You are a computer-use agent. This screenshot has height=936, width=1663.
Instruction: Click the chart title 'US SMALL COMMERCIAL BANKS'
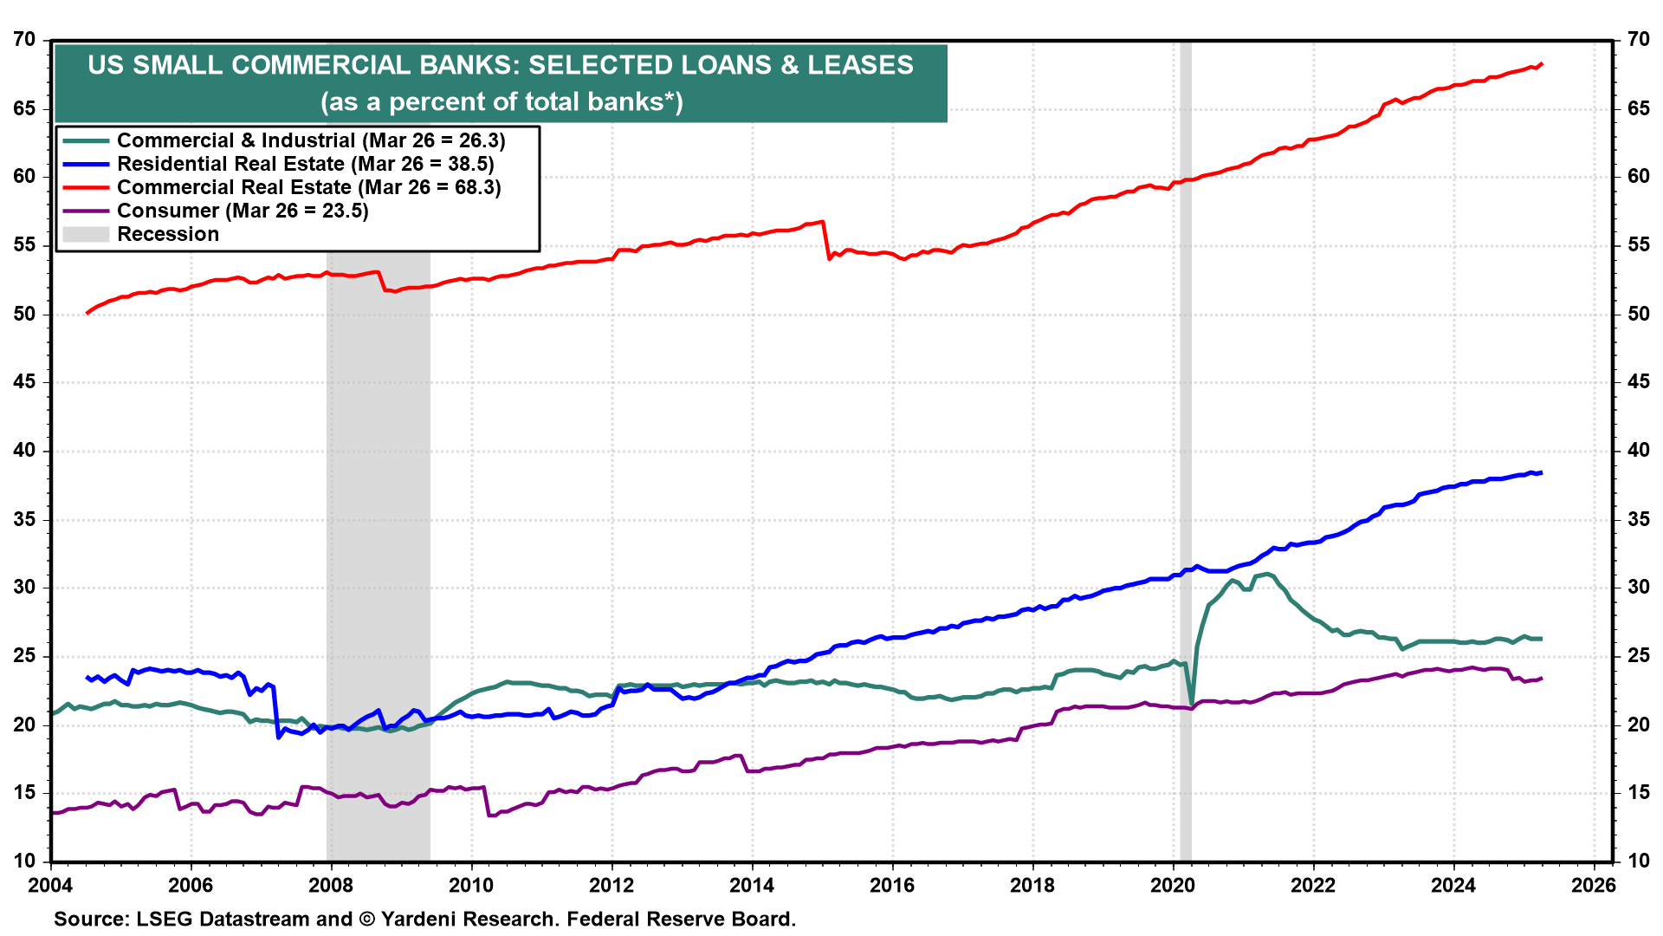point(501,66)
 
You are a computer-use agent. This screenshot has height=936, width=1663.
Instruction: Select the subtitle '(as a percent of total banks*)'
point(501,102)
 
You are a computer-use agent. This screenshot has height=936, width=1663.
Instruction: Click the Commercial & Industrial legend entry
point(310,140)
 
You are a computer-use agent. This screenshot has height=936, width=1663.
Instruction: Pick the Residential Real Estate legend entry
point(305,164)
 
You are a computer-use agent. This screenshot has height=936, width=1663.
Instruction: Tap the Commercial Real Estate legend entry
point(308,187)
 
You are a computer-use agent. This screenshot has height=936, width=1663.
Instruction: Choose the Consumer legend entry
point(243,211)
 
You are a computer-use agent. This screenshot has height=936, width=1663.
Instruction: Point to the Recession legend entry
point(168,234)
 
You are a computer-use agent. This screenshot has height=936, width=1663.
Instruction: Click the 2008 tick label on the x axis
point(331,885)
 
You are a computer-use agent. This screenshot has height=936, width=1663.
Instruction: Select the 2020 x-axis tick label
point(1173,885)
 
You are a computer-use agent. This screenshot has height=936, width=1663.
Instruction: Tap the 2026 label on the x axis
point(1594,885)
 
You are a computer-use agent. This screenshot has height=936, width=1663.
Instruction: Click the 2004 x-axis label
point(50,885)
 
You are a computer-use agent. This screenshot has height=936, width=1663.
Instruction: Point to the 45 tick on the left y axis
point(24,382)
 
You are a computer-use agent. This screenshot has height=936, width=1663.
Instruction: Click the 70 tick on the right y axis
point(1638,40)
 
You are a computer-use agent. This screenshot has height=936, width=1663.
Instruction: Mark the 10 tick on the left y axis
point(24,861)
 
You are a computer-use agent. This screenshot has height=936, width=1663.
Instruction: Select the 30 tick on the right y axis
point(1638,588)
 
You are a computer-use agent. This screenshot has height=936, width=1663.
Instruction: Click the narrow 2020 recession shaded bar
point(1185,433)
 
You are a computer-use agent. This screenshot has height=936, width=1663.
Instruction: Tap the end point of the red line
point(1541,63)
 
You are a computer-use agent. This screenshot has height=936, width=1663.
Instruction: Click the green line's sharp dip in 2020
point(1192,703)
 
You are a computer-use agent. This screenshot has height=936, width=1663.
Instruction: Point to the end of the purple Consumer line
point(1541,679)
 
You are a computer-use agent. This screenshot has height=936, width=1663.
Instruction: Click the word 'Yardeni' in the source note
point(421,919)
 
